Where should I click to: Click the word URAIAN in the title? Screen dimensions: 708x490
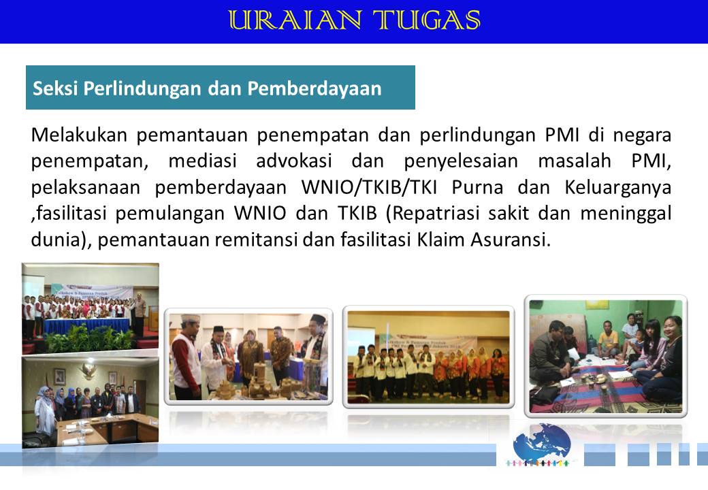pos(295,20)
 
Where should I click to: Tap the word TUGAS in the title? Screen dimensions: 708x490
pos(426,20)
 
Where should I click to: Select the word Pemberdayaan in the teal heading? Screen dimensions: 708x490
pos(315,88)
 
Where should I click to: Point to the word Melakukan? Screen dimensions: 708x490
pos(79,135)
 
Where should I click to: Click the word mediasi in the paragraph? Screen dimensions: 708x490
pos(202,161)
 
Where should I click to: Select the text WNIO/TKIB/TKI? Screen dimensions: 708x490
pos(370,187)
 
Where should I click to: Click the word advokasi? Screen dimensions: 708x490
pos(294,161)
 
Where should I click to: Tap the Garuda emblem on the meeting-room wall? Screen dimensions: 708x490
pos(87,371)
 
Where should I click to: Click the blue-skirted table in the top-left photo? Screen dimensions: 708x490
pos(86,325)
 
